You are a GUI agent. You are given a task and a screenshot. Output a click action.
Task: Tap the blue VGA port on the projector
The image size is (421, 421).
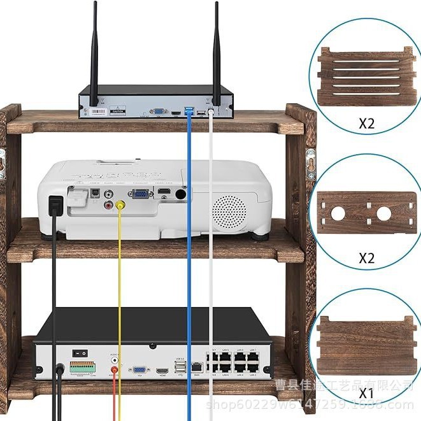click(x=141, y=196)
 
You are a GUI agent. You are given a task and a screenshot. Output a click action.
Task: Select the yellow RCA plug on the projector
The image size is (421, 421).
click(x=120, y=206)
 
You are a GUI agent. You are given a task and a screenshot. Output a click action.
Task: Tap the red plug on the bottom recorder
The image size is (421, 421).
click(x=115, y=370)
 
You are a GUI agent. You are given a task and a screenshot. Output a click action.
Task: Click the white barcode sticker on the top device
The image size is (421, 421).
click(x=97, y=111)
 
